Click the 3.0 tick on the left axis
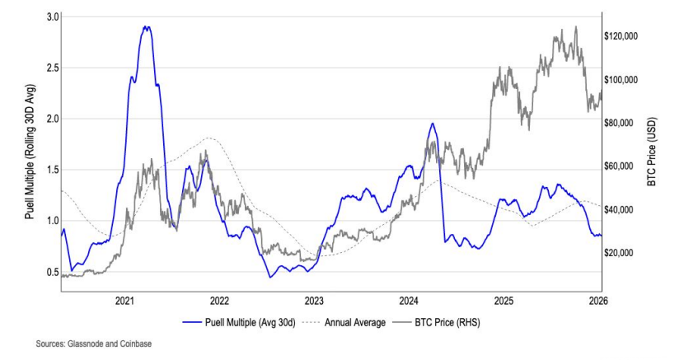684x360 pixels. point(52,16)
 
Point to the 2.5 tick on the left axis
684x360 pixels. point(52,68)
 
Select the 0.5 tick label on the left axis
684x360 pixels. point(52,272)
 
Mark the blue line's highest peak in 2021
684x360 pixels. point(146,26)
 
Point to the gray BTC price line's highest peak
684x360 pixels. point(575,26)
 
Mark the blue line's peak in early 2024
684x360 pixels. point(433,124)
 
